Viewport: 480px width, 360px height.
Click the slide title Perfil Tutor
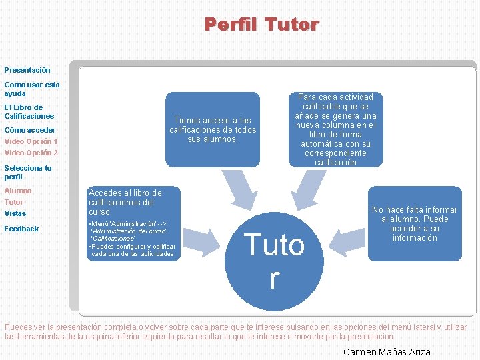tap(261, 25)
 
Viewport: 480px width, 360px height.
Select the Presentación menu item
tap(27, 70)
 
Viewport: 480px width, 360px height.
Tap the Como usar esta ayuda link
tap(32, 89)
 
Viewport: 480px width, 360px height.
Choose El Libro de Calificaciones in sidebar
tap(29, 111)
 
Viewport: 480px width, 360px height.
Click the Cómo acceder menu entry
tap(30, 130)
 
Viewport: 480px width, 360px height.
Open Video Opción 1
tap(31, 141)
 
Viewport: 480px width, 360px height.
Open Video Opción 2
tap(31, 153)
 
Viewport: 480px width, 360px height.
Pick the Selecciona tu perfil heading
tap(28, 172)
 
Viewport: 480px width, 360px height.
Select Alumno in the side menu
tap(18, 191)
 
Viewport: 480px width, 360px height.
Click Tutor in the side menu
tap(14, 202)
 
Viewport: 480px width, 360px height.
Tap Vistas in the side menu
tap(15, 213)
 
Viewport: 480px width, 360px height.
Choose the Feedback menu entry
tap(22, 229)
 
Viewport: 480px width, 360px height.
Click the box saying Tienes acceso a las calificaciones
tap(212, 129)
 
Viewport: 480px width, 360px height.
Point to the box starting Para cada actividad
tap(335, 129)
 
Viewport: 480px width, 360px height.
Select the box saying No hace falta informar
tap(415, 223)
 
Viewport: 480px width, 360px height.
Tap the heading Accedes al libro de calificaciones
tap(125, 202)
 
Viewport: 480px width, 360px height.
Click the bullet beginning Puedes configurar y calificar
tap(133, 249)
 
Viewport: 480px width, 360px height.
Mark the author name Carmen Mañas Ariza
tap(387, 352)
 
